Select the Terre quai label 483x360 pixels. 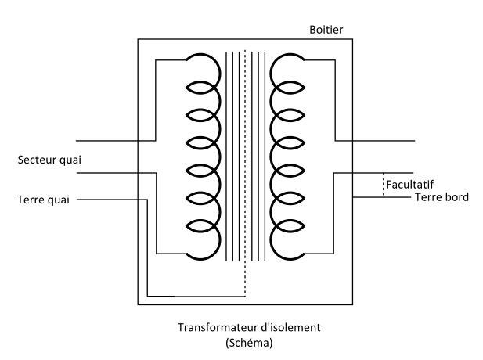[44, 199]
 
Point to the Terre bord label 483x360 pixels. [441, 197]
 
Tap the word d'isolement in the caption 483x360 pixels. [280, 328]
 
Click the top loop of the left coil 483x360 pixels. [202, 67]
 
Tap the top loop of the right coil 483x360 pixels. [287, 67]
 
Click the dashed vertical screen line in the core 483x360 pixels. [245, 157]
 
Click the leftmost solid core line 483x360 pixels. [226, 157]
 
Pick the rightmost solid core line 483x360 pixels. [264, 157]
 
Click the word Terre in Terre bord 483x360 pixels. [426, 197]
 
